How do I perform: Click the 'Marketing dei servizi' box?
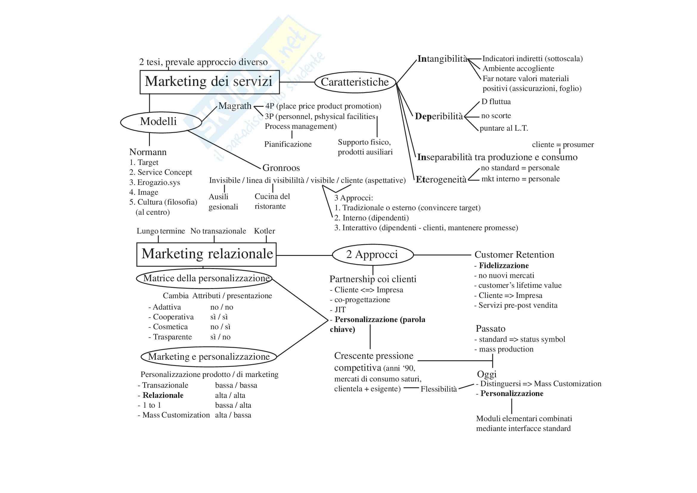pyautogui.click(x=209, y=82)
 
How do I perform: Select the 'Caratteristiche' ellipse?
pyautogui.click(x=355, y=82)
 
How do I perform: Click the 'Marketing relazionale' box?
pyautogui.click(x=207, y=254)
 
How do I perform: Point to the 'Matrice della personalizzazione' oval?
pyautogui.click(x=204, y=278)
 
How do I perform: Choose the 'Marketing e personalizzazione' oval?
pyautogui.click(x=209, y=357)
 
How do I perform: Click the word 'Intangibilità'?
pyautogui.click(x=442, y=59)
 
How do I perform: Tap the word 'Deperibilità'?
pyautogui.click(x=439, y=116)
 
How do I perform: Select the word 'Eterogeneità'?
pyautogui.click(x=441, y=180)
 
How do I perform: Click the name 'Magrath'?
pyautogui.click(x=235, y=106)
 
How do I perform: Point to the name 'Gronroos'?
pyautogui.click(x=281, y=168)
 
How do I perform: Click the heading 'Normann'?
pyautogui.click(x=148, y=152)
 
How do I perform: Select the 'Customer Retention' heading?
pyautogui.click(x=514, y=254)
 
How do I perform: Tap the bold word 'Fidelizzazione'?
pyautogui.click(x=504, y=265)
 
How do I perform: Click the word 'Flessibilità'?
pyautogui.click(x=438, y=389)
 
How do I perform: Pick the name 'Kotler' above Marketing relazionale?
pyautogui.click(x=264, y=231)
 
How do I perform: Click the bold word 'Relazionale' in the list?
pyautogui.click(x=163, y=395)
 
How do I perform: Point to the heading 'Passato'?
pyautogui.click(x=490, y=329)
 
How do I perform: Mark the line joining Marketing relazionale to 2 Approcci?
pyautogui.click(x=304, y=255)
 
